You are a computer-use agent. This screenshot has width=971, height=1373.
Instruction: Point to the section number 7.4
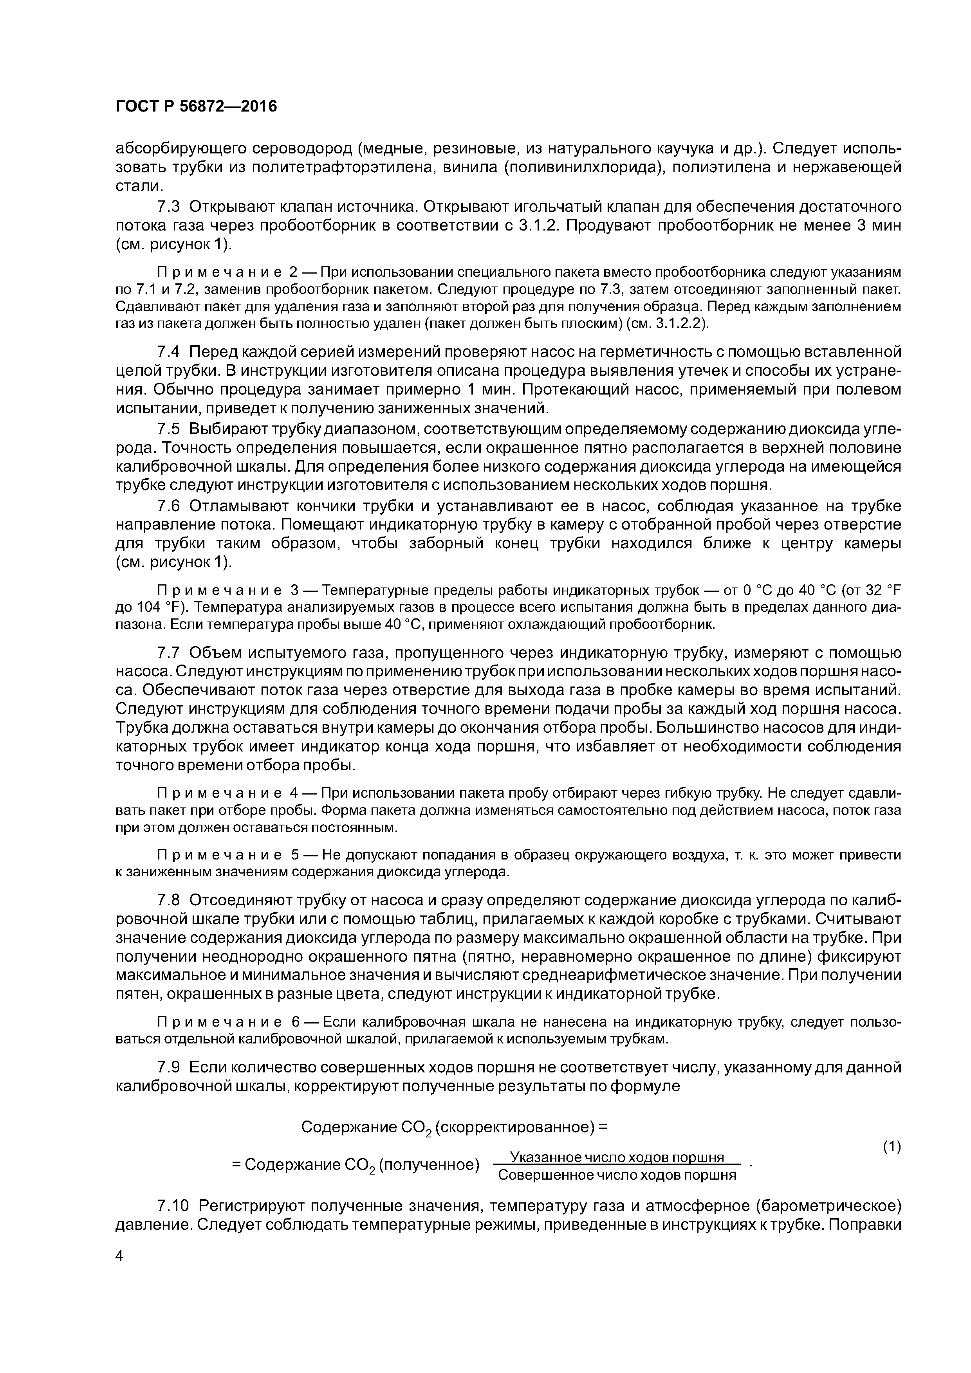tap(168, 351)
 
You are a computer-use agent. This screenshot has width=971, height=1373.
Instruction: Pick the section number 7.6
tap(168, 506)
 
